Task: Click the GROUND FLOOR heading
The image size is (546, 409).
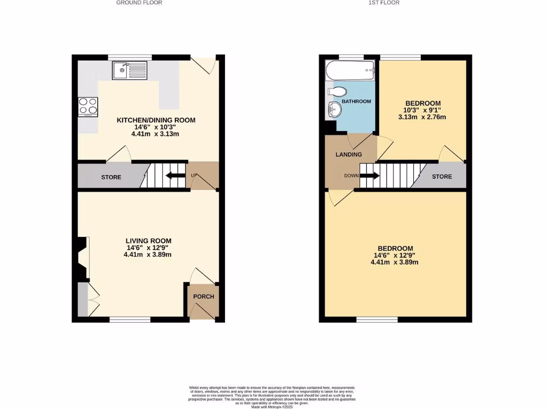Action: (139, 3)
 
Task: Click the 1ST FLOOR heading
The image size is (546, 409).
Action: (384, 3)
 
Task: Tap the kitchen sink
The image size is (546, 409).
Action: (130, 70)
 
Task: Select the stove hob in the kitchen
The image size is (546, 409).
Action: (88, 107)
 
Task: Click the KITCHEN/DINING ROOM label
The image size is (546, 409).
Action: (156, 120)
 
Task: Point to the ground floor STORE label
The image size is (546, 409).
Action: (111, 177)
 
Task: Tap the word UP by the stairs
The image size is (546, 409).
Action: (195, 175)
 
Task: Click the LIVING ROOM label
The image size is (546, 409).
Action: (149, 241)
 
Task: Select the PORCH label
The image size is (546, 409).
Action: (203, 297)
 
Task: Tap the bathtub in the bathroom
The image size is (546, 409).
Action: (350, 69)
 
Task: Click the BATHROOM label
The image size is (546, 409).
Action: (356, 101)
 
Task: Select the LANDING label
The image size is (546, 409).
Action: (349, 154)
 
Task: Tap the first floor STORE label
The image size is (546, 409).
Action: (442, 177)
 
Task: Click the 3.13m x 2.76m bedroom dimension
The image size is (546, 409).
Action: (425, 117)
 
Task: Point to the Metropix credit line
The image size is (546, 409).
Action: (272, 407)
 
